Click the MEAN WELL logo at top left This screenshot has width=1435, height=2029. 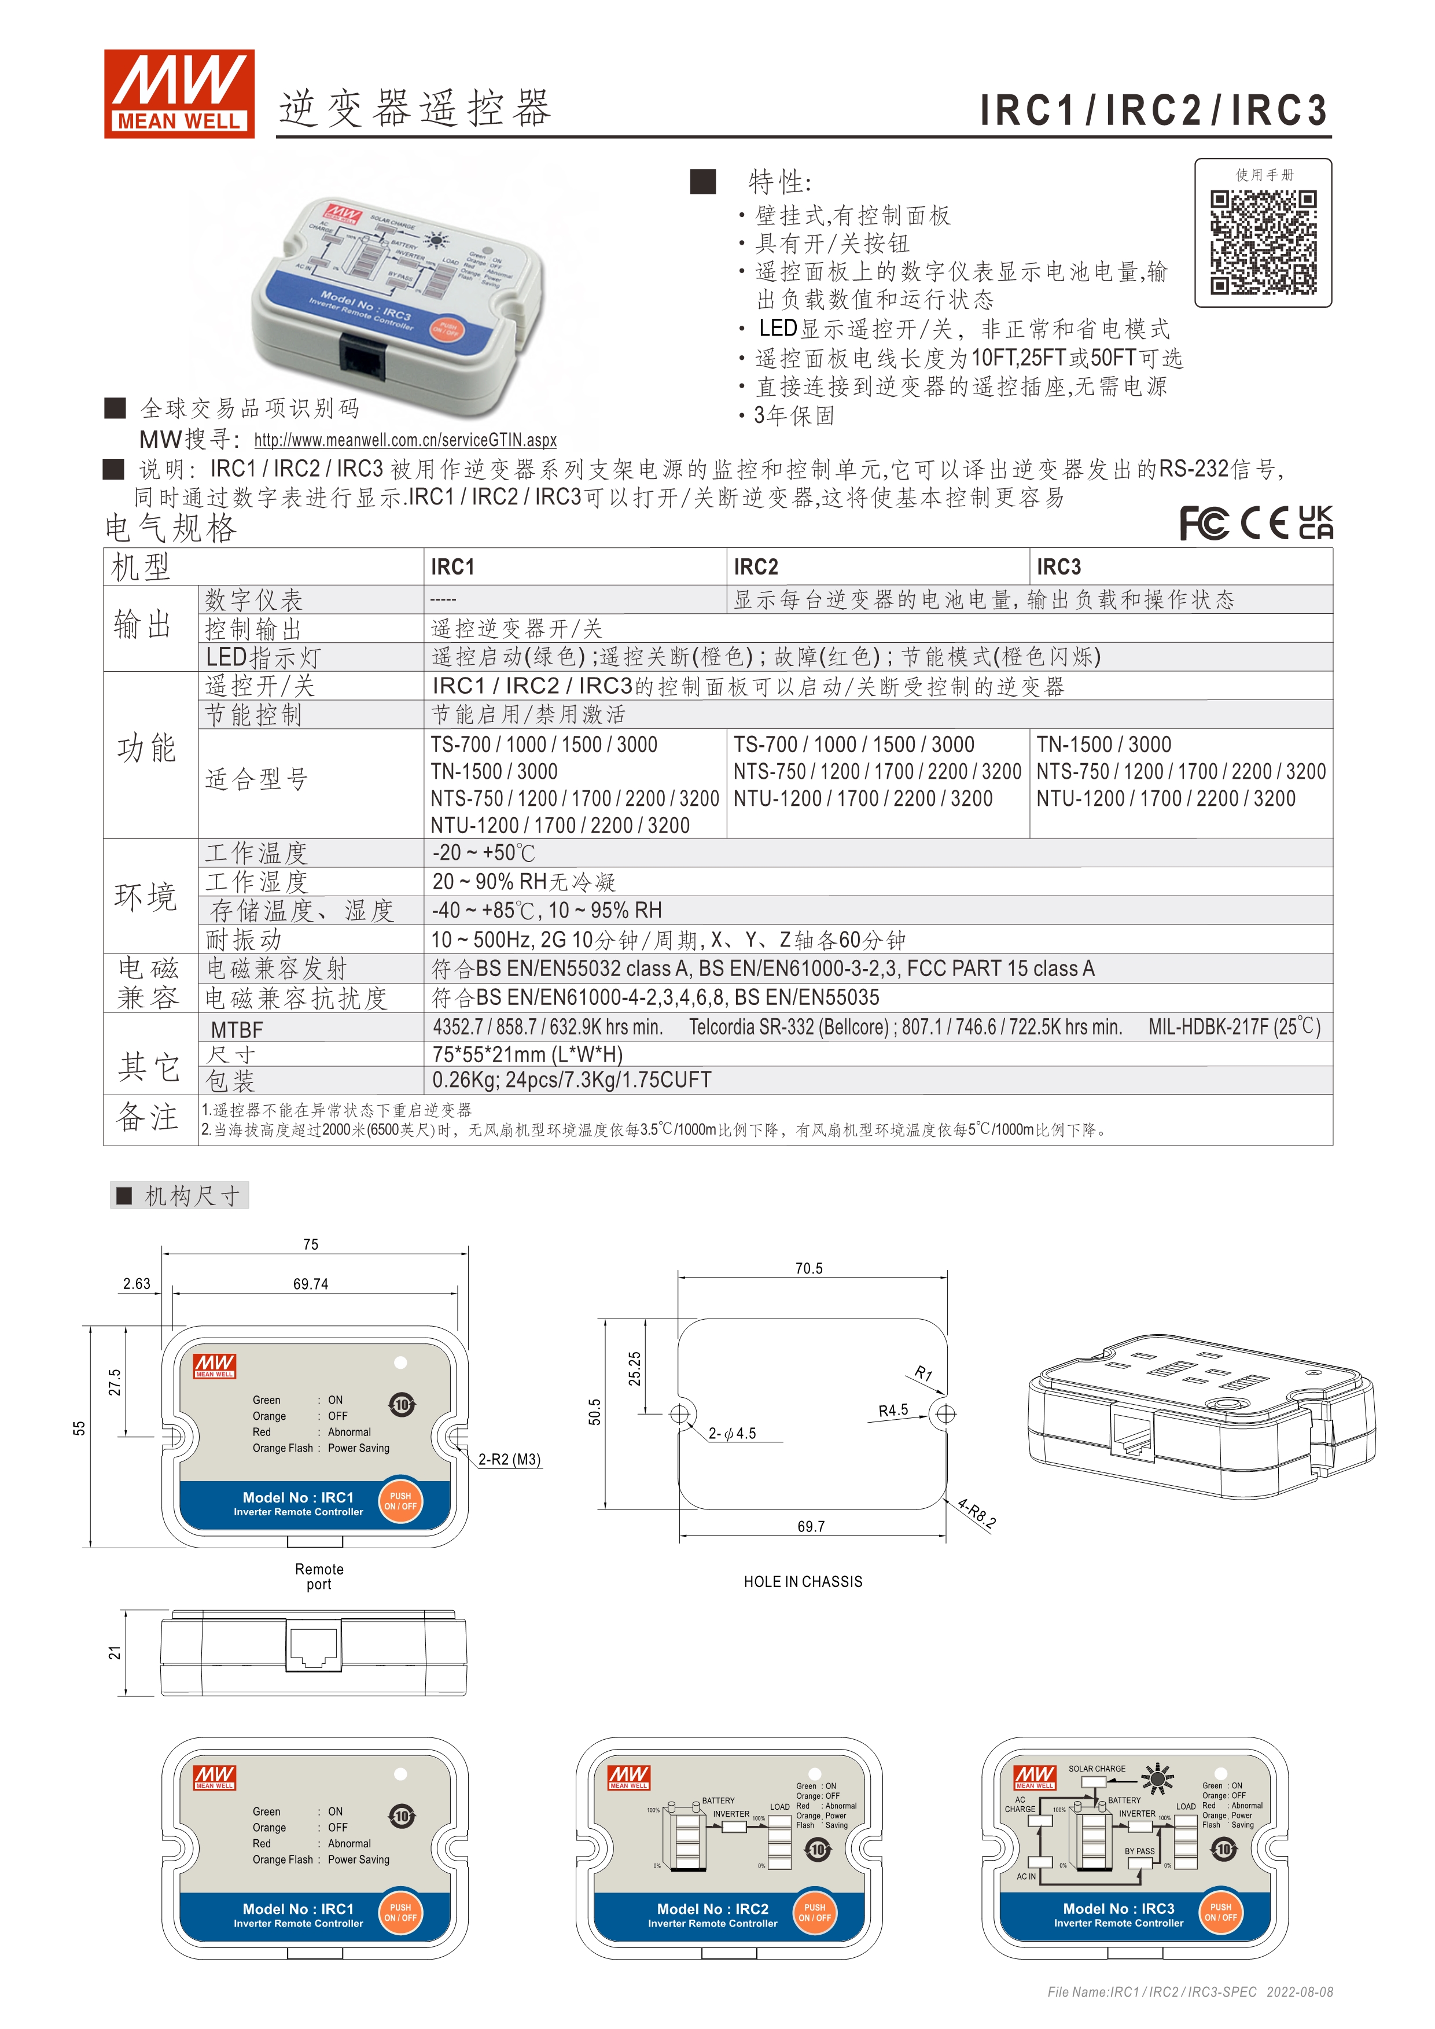(x=179, y=94)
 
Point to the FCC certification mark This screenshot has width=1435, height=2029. (x=1204, y=523)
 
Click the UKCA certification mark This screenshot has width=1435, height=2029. (x=1316, y=522)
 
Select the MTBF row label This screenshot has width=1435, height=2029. (x=237, y=1029)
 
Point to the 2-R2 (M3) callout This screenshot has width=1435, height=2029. (x=509, y=1460)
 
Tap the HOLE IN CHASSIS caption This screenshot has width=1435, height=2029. (x=803, y=1582)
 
